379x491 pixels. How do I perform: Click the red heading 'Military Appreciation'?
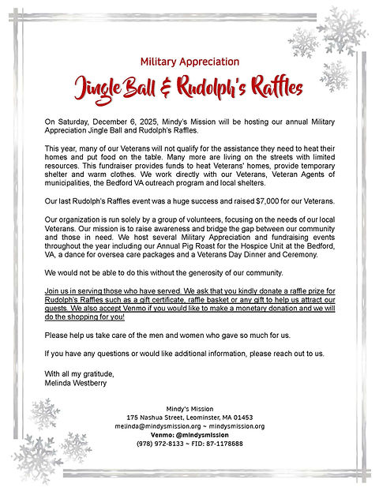189,62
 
